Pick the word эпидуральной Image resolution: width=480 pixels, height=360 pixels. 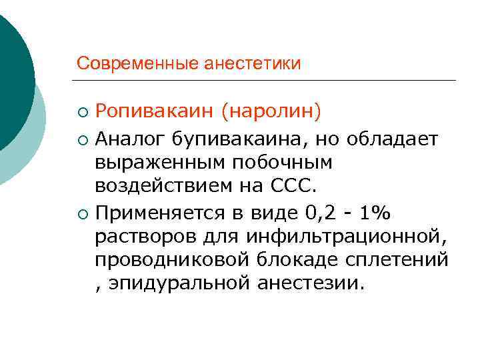coord(176,285)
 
